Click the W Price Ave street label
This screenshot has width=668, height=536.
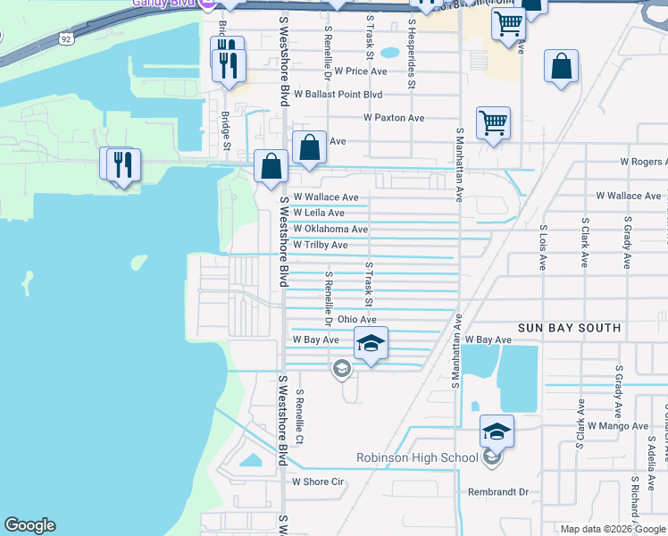pos(361,71)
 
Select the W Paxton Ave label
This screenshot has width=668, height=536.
pos(393,118)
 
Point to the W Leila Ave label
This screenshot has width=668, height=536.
pos(319,213)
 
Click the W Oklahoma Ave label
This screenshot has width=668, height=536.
pos(330,229)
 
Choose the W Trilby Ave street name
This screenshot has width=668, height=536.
pos(321,245)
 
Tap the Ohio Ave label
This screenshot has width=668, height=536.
pos(356,319)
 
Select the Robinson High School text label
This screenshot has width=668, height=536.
pos(417,458)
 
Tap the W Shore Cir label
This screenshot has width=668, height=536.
pos(318,482)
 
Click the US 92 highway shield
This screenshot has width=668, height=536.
pos(68,38)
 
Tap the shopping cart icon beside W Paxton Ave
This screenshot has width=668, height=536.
pos(494,123)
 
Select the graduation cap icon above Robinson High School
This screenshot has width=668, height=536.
pos(497,431)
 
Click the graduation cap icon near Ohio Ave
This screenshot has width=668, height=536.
pos(371,342)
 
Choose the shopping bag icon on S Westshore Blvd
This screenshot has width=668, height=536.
pos(271,166)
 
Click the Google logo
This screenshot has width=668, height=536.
pos(30,525)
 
